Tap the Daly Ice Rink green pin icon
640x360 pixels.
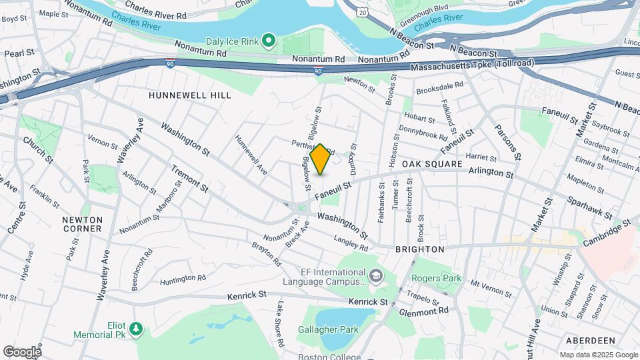269,41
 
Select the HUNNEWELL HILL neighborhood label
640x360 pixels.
190,95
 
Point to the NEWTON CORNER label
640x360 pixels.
83,224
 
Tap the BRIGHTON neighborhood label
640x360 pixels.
420,249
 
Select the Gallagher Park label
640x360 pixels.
329,329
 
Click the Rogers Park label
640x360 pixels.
436,278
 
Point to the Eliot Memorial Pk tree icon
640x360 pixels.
136,328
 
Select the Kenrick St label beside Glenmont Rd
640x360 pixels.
368,302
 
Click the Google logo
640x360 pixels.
22,351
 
